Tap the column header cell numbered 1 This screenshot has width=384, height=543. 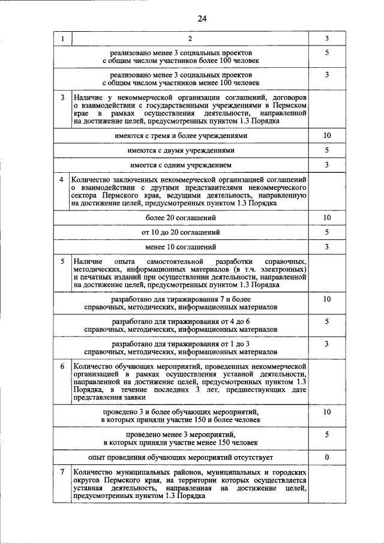pos(62,39)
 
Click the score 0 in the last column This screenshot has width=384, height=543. pos(327,457)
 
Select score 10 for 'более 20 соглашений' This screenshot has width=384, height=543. pos(327,217)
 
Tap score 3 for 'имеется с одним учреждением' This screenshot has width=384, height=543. pos(327,164)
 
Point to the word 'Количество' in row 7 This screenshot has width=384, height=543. pos(91,473)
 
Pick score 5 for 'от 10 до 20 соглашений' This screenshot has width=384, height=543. pos(327,232)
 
